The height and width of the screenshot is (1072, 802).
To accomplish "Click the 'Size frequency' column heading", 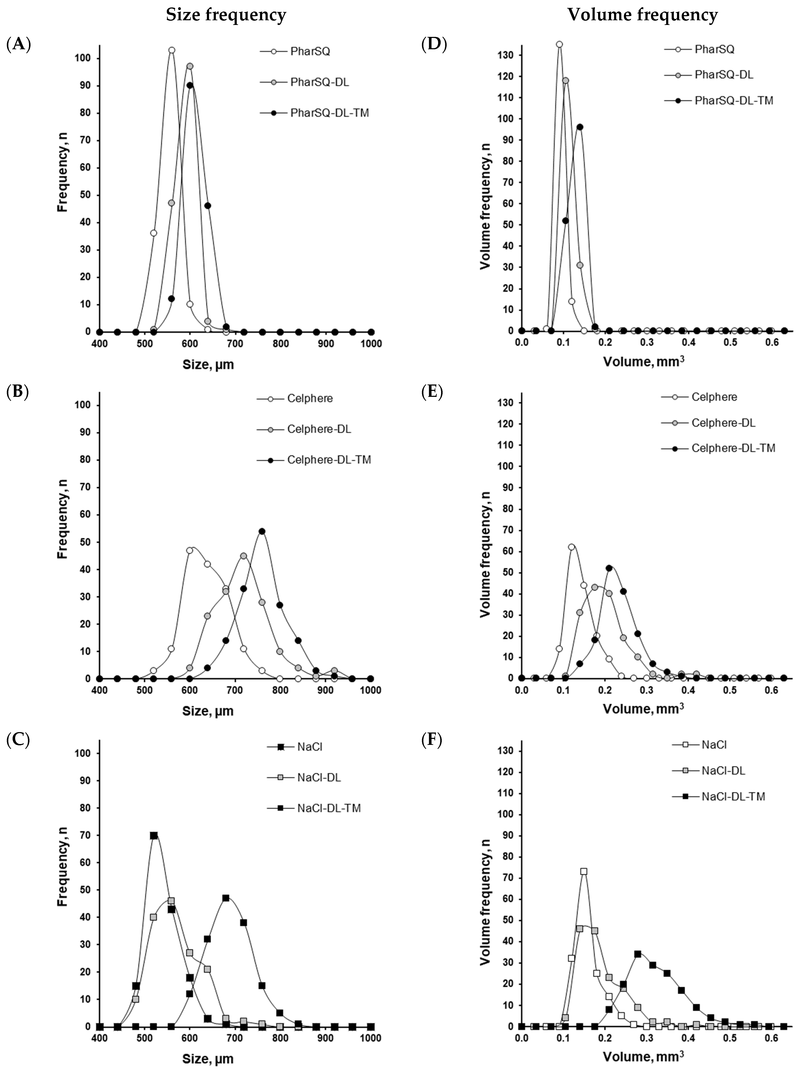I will (226, 16).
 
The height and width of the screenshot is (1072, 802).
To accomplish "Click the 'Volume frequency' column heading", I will (642, 16).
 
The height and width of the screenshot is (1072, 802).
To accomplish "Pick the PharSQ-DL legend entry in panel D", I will (724, 75).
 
